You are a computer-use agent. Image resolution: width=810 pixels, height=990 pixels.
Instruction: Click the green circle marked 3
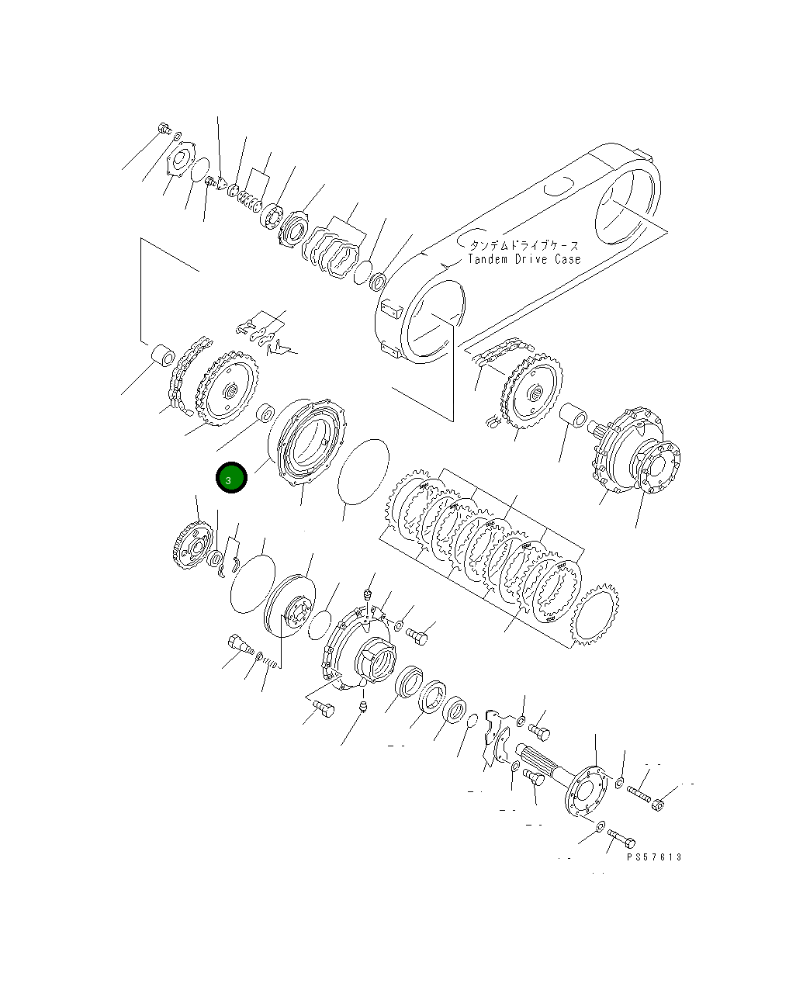231,478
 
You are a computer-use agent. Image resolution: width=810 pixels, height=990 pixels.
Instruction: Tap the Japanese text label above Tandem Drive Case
524,245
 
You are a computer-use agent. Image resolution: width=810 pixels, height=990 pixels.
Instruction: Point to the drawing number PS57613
654,857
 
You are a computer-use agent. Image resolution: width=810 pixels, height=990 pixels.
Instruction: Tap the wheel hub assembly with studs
636,454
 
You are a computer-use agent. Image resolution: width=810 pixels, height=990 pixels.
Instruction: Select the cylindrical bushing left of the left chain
164,355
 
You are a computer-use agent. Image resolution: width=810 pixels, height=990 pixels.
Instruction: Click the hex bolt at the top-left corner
164,129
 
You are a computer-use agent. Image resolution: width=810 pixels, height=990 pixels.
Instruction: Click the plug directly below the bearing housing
362,706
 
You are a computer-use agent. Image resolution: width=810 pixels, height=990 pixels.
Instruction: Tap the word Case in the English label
566,259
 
